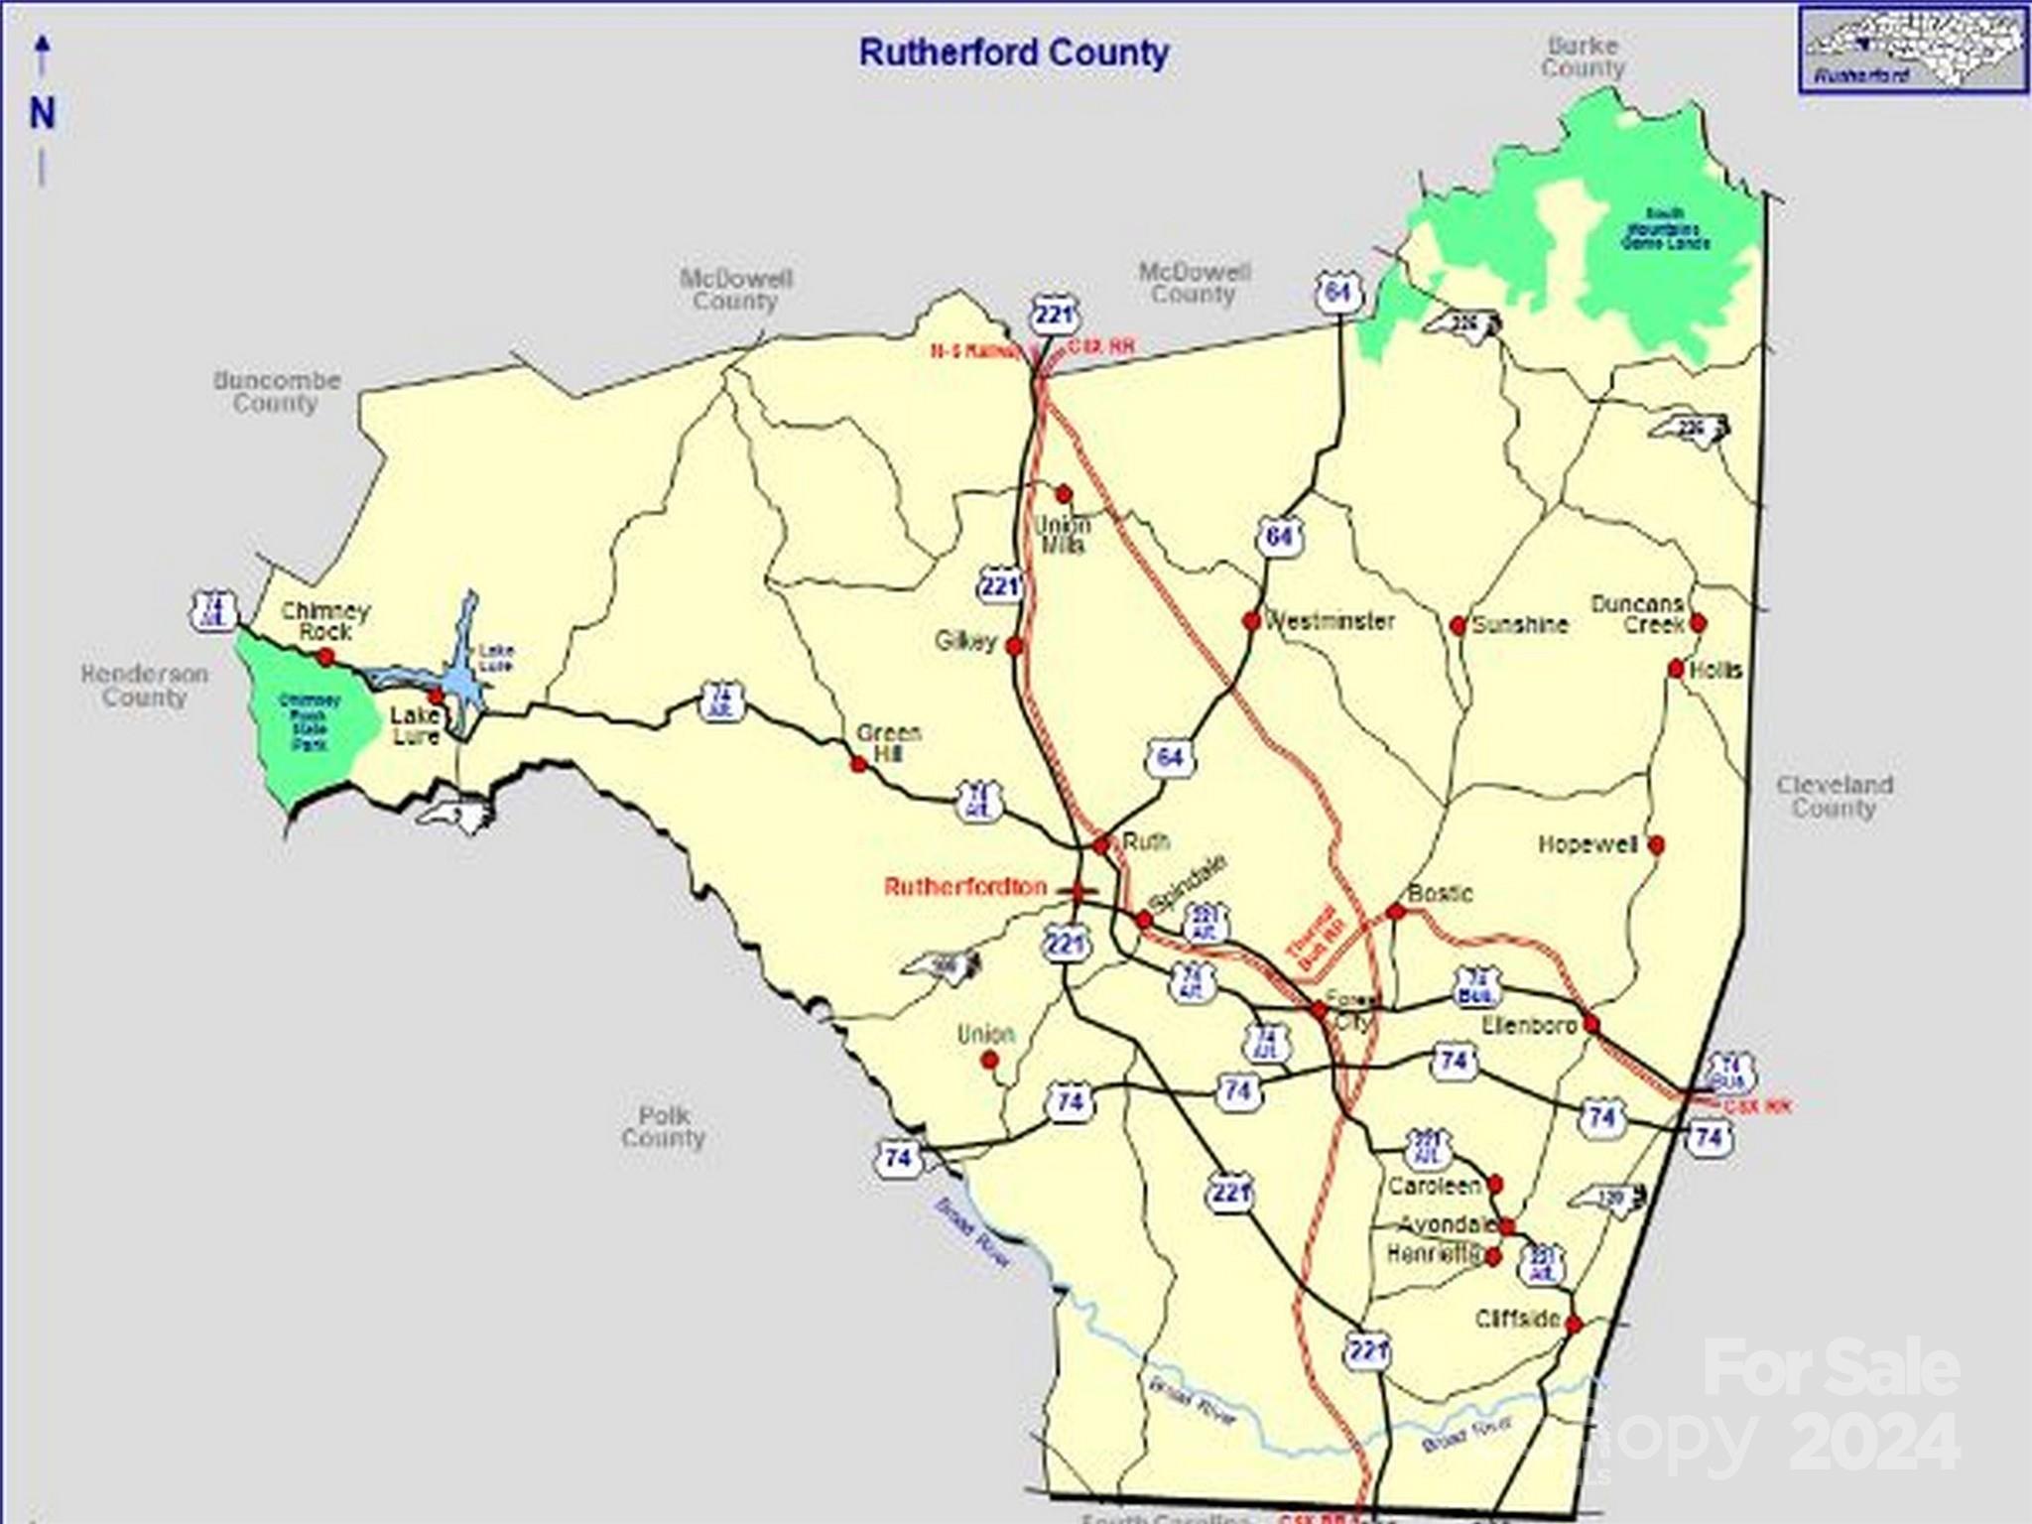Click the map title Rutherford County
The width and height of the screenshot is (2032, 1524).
[x=1013, y=53]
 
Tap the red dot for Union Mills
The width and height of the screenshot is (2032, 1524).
[x=1064, y=494]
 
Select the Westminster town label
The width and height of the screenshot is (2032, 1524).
[x=1330, y=622]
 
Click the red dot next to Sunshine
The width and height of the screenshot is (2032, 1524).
[x=1458, y=626]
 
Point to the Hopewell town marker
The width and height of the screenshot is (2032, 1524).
[x=1656, y=845]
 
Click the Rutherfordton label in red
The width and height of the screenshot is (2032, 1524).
[x=964, y=887]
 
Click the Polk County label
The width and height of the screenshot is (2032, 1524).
[x=663, y=1127]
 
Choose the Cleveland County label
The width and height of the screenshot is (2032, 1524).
[x=1835, y=797]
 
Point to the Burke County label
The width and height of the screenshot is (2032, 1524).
[x=1583, y=57]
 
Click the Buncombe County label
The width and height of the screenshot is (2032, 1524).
[x=277, y=392]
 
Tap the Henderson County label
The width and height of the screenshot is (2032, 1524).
[x=145, y=686]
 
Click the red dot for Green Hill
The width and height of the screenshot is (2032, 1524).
[x=859, y=764]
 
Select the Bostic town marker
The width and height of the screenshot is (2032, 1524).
[x=1396, y=912]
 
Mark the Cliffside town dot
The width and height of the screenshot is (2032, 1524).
[x=1574, y=1325]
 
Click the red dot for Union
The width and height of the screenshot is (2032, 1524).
[x=989, y=1061]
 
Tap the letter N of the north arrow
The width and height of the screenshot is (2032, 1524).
[x=42, y=113]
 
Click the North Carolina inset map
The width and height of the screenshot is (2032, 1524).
[x=1912, y=49]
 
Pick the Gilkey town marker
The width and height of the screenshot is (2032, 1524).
[x=1014, y=647]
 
